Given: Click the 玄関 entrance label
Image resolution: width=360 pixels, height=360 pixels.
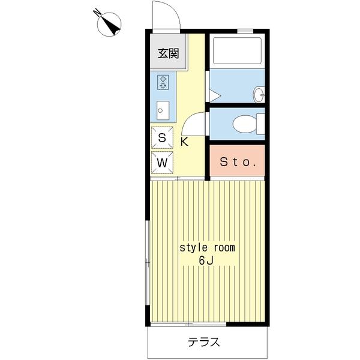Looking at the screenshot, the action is pyautogui.click(x=168, y=54).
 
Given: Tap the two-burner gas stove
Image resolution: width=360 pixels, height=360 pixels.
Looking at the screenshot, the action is pyautogui.click(x=163, y=82).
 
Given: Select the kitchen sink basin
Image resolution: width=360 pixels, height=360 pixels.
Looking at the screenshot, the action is pyautogui.click(x=163, y=110).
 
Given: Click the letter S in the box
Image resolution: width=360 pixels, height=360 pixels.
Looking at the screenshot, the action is pyautogui.click(x=162, y=138).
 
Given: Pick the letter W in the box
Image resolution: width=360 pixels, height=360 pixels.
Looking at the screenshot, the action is pyautogui.click(x=163, y=163).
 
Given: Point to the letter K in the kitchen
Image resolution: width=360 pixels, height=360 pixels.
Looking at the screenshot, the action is pyautogui.click(x=184, y=142).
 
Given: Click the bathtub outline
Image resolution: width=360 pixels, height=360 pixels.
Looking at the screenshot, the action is pyautogui.click(x=237, y=51).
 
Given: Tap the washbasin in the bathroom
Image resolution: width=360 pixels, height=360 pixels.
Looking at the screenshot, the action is pyautogui.click(x=259, y=95).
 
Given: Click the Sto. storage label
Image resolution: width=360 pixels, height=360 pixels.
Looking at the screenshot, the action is pyautogui.click(x=238, y=162).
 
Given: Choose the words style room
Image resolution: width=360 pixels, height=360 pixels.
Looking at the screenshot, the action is pyautogui.click(x=207, y=248).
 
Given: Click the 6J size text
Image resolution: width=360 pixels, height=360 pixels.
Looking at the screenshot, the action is pyautogui.click(x=206, y=260).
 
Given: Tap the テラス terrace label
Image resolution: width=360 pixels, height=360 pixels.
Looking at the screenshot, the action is pyautogui.click(x=204, y=342).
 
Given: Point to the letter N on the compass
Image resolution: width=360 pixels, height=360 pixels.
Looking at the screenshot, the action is pyautogui.click(x=98, y=13).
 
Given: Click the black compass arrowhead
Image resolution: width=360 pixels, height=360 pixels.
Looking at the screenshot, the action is pyautogui.click(x=113, y=27).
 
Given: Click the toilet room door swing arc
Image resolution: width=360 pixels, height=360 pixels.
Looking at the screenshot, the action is pyautogui.click(x=189, y=121).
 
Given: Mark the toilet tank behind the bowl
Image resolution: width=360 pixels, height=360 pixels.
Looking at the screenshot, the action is pyautogui.click(x=261, y=124).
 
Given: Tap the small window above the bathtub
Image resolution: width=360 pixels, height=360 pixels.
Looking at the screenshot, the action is pyautogui.click(x=245, y=31).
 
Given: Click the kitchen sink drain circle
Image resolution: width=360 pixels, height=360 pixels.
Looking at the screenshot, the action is pyautogui.click(x=160, y=110).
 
